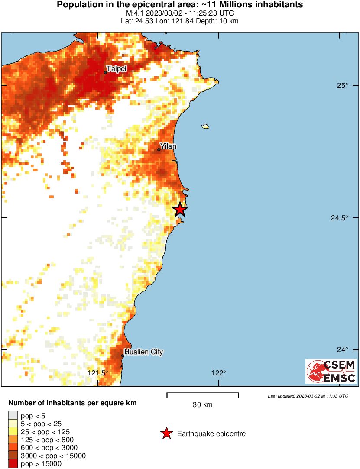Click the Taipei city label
pos(117,68)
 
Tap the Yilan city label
pos(168,146)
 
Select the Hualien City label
pos(143,352)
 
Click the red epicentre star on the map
pos(180,209)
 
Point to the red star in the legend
pos(166,433)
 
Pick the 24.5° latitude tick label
pos(340,218)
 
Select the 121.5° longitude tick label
pos(97,373)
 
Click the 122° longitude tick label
pos(219,373)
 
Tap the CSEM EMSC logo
pos(331,371)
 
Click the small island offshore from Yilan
pos(205,126)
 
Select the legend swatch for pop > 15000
pos(13,464)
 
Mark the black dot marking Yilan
pos(159,150)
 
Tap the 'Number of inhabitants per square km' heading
pos(72,403)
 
